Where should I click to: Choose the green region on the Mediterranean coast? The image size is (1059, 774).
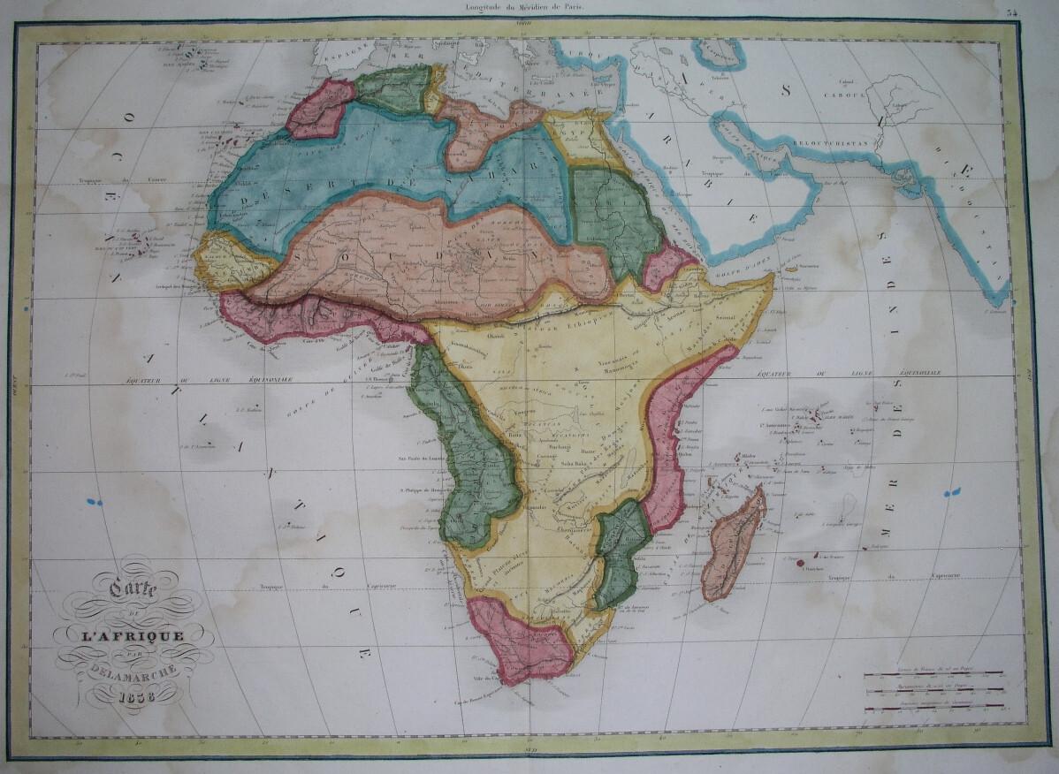pyautogui.click(x=393, y=89)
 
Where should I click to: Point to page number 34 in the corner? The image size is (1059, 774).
pyautogui.click(x=1036, y=11)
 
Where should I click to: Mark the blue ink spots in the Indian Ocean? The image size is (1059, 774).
pyautogui.click(x=951, y=492)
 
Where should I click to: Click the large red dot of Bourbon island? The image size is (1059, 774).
pyautogui.click(x=799, y=562)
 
